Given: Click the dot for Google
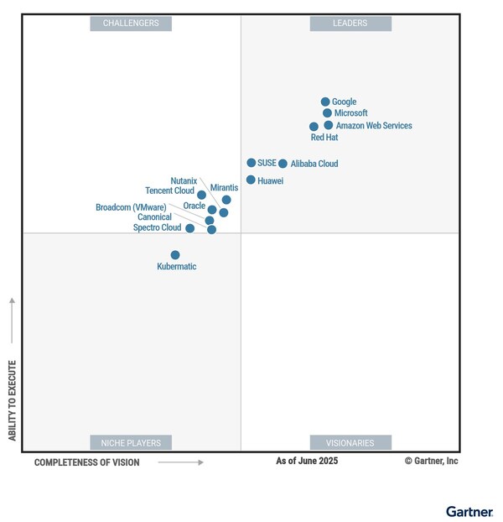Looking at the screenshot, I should (x=325, y=102).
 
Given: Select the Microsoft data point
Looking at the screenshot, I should (x=327, y=112).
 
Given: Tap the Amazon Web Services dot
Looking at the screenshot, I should (x=329, y=125).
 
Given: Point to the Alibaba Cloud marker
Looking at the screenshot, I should (x=283, y=164).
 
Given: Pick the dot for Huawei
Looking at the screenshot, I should (x=251, y=180).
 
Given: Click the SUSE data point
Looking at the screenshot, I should (x=251, y=163).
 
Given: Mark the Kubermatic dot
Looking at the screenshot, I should (x=175, y=254).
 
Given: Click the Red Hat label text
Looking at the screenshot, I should (x=324, y=137).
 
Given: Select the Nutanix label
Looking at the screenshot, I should (x=184, y=180).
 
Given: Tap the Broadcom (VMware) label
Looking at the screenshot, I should (x=131, y=207).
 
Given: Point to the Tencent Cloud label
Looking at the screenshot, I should (x=169, y=191).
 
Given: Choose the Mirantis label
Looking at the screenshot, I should (x=224, y=187).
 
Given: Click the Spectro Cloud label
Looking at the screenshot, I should (x=157, y=227).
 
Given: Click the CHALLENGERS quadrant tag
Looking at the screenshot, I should (x=131, y=23).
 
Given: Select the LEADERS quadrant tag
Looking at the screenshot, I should (x=350, y=23).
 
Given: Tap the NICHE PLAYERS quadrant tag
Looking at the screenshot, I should (x=131, y=442).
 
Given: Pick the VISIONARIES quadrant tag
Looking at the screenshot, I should (x=350, y=442).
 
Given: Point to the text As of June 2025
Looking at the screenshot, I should (x=307, y=461).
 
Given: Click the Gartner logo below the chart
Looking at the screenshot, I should (x=469, y=510).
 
